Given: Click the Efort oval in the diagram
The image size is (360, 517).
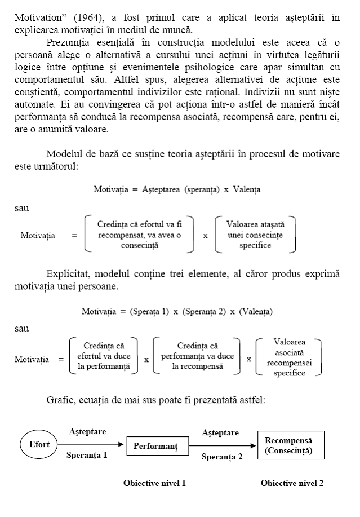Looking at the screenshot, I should tap(39, 445).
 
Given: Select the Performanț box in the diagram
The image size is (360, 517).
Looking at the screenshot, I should tap(155, 446).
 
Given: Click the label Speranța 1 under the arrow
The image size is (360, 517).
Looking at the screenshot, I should tap(87, 455).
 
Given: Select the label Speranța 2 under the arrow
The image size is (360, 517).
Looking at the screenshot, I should tap(222, 457).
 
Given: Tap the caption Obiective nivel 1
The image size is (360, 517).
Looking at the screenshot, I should tap(154, 483).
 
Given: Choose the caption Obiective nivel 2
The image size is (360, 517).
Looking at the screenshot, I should tap(292, 483).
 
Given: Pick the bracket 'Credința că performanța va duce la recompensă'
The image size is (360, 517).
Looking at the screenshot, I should tap(197, 356).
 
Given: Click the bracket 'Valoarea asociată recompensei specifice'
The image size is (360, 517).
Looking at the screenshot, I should tap(289, 357).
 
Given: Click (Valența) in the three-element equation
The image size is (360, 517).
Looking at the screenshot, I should tap(255, 311).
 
